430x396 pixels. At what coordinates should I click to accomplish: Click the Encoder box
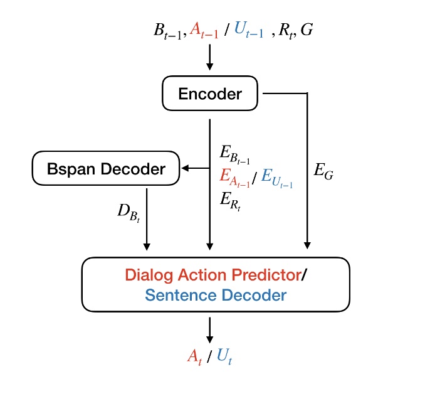click(209, 94)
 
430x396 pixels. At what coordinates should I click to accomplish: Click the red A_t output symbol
click(194, 356)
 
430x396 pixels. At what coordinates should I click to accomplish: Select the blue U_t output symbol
click(224, 356)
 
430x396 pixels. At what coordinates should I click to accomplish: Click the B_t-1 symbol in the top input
click(166, 32)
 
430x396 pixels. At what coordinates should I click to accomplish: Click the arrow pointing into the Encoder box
click(210, 58)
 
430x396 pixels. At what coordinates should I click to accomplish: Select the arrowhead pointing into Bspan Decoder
click(184, 168)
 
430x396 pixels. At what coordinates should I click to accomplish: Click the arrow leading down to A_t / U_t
click(210, 328)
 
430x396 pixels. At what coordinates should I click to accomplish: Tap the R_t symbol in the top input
click(288, 32)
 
